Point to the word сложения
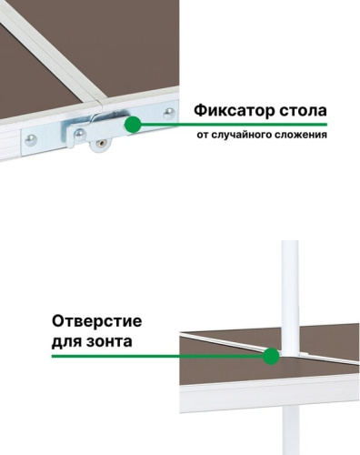pyautogui.click(x=304, y=136)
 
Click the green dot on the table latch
pyautogui.click(x=134, y=124)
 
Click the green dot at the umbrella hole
pyautogui.click(x=270, y=357)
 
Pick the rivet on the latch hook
pyautogui.click(x=81, y=133)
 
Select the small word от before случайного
pyautogui.click(x=202, y=136)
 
